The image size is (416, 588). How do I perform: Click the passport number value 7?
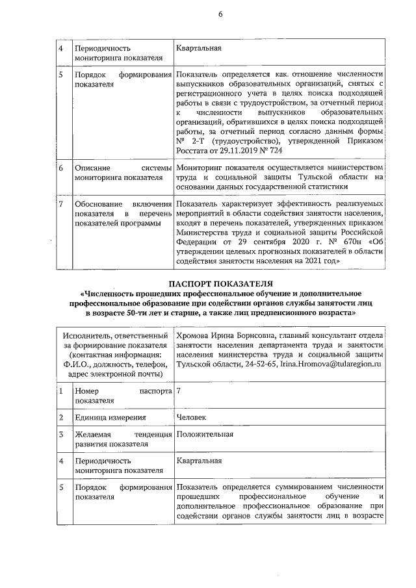179,391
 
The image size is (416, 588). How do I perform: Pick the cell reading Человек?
192,419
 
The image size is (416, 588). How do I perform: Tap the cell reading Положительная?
205,434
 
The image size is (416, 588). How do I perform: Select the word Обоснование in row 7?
99,205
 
